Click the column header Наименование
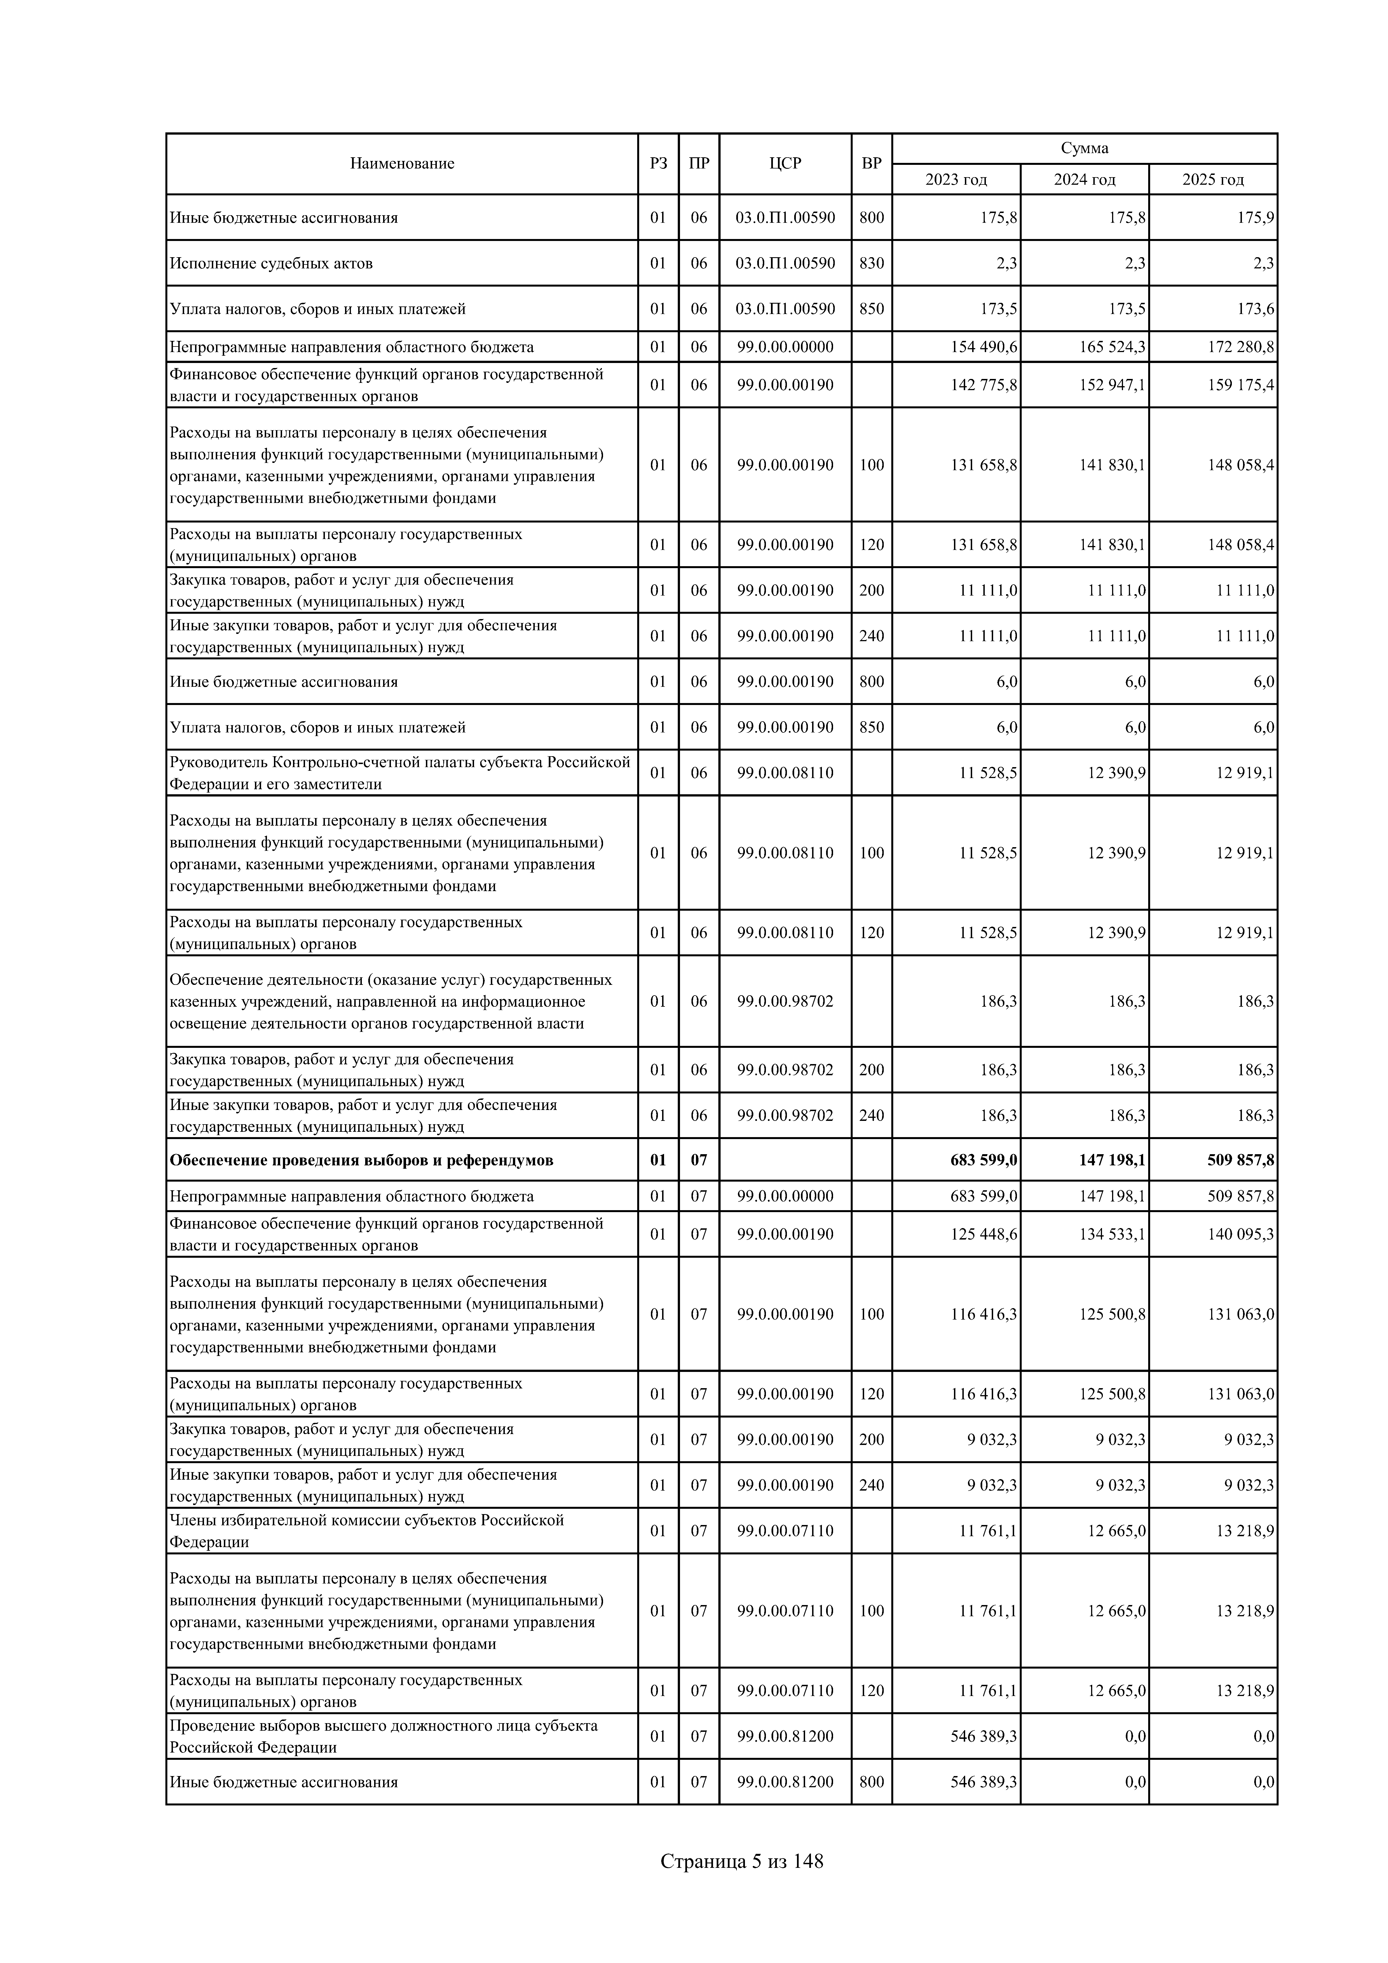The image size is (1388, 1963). pyautogui.click(x=402, y=163)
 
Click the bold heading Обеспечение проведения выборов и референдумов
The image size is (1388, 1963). pyautogui.click(x=362, y=1160)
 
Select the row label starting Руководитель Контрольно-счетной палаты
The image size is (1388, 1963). pyautogui.click(x=400, y=773)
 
